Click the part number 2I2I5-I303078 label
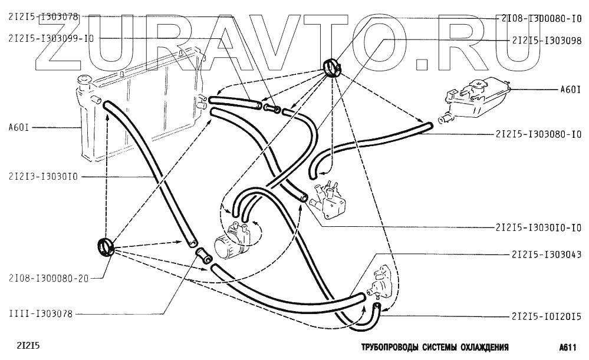pyautogui.click(x=42, y=17)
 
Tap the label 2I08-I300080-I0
pyautogui.click(x=542, y=18)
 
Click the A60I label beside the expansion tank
pyautogui.click(x=570, y=90)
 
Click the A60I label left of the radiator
pyautogui.click(x=20, y=127)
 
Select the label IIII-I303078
pyautogui.click(x=40, y=314)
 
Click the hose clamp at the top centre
pyautogui.click(x=333, y=67)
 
